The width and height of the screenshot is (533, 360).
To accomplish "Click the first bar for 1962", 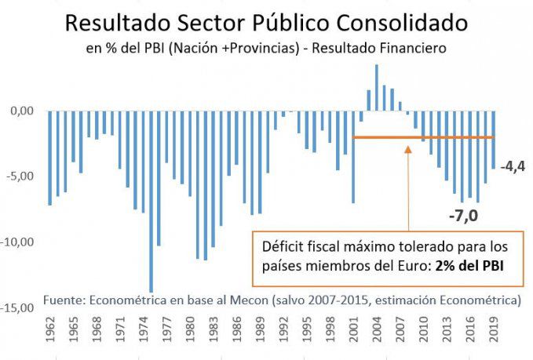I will (x=50, y=158).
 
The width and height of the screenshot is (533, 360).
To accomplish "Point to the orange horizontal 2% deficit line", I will (x=424, y=137).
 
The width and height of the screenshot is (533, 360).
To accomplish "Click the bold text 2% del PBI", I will (x=470, y=264).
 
